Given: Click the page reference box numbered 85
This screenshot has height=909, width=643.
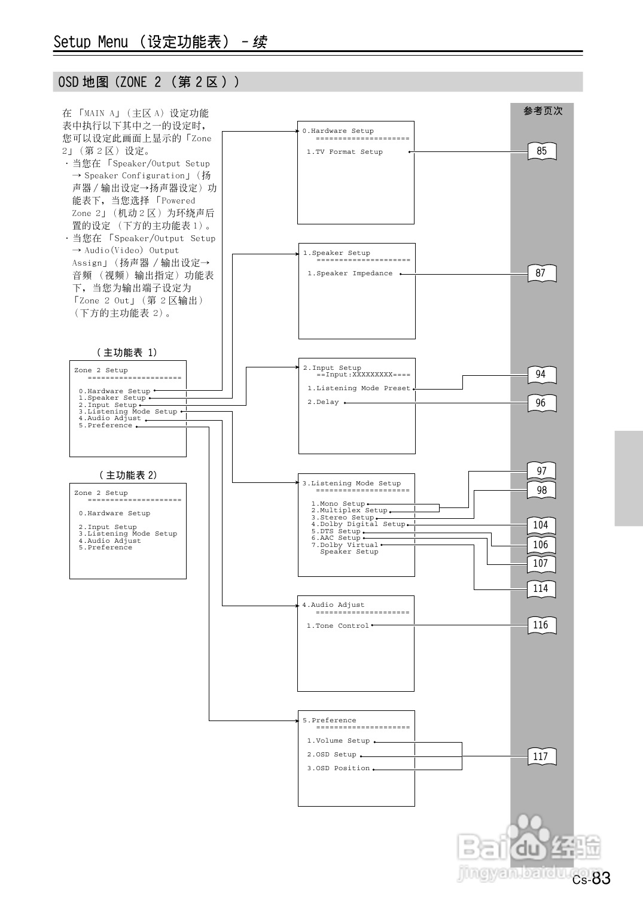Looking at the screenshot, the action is pos(541,151).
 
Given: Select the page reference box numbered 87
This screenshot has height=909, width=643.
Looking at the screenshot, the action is pos(541,273).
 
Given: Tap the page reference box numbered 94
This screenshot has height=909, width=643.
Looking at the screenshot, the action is pos(541,375).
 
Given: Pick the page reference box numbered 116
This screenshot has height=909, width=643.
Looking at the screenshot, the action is pos(541,625).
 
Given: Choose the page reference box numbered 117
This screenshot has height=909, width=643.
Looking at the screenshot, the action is pos(541,756).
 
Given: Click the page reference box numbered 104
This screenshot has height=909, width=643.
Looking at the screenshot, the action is pos(541,525).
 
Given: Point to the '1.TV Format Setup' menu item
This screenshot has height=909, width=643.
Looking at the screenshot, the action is pos(345,152).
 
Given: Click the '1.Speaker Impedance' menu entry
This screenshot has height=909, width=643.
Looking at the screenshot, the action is pos(350,273).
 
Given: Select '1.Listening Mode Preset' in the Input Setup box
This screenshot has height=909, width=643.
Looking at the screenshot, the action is pos(359,388).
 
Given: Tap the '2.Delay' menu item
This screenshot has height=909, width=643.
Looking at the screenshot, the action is pos(323,402).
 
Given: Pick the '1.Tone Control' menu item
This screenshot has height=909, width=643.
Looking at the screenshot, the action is pos(338,626).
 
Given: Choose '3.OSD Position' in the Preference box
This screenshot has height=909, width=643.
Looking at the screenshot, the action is pos(339,768).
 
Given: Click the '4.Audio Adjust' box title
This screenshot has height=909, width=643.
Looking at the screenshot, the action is pos(333,605).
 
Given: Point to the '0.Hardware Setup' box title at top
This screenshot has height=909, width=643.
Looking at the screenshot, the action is pos(338,131).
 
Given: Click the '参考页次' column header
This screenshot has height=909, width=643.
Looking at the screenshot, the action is pos(543,111).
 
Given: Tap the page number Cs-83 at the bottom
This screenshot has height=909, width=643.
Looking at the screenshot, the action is pos(592,878).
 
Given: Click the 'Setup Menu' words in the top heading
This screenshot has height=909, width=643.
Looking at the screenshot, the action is pos(90,42).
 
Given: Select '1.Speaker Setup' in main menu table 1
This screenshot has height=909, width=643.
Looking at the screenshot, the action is pos(112,398).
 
